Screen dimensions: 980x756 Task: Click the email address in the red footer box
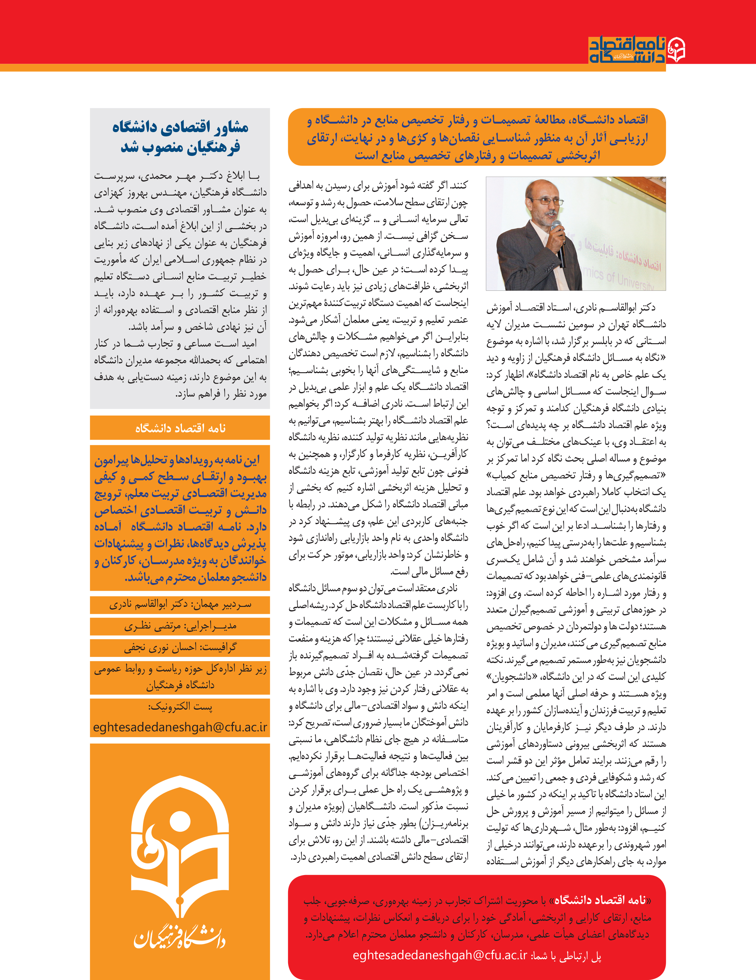tap(440, 955)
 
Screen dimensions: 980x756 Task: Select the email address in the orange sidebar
tap(180, 727)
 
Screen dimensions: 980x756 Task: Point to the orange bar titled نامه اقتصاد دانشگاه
tap(180, 428)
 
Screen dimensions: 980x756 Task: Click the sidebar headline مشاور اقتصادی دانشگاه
tap(180, 127)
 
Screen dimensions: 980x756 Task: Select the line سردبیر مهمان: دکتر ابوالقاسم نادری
tap(180, 604)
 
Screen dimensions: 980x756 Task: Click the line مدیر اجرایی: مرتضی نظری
tap(180, 626)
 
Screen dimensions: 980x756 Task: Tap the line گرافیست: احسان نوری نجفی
tap(180, 647)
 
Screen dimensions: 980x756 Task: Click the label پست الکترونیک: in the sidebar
tap(180, 707)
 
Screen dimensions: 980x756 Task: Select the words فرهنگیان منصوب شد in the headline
tap(180, 147)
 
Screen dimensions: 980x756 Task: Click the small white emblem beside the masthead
tap(676, 50)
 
